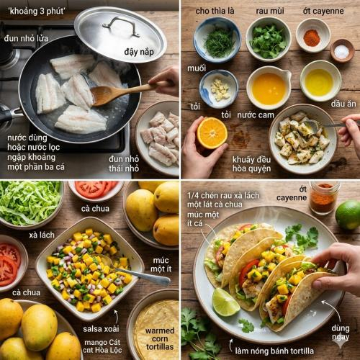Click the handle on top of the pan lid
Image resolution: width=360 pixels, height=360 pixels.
click(122, 26)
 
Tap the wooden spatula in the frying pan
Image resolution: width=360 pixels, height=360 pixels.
click(115, 93)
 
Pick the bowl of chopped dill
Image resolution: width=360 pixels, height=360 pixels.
click(217, 40)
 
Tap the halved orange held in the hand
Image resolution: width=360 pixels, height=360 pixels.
click(212, 133)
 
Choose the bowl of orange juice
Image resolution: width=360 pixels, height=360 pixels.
click(268, 87)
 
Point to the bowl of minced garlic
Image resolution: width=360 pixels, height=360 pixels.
click(219, 89)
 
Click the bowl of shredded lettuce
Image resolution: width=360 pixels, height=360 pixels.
click(29, 202)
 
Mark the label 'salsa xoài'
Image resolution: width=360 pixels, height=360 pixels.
click(107, 329)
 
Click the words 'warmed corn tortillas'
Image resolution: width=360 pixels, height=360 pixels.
click(159, 337)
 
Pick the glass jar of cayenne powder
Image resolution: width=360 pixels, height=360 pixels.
click(323, 198)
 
